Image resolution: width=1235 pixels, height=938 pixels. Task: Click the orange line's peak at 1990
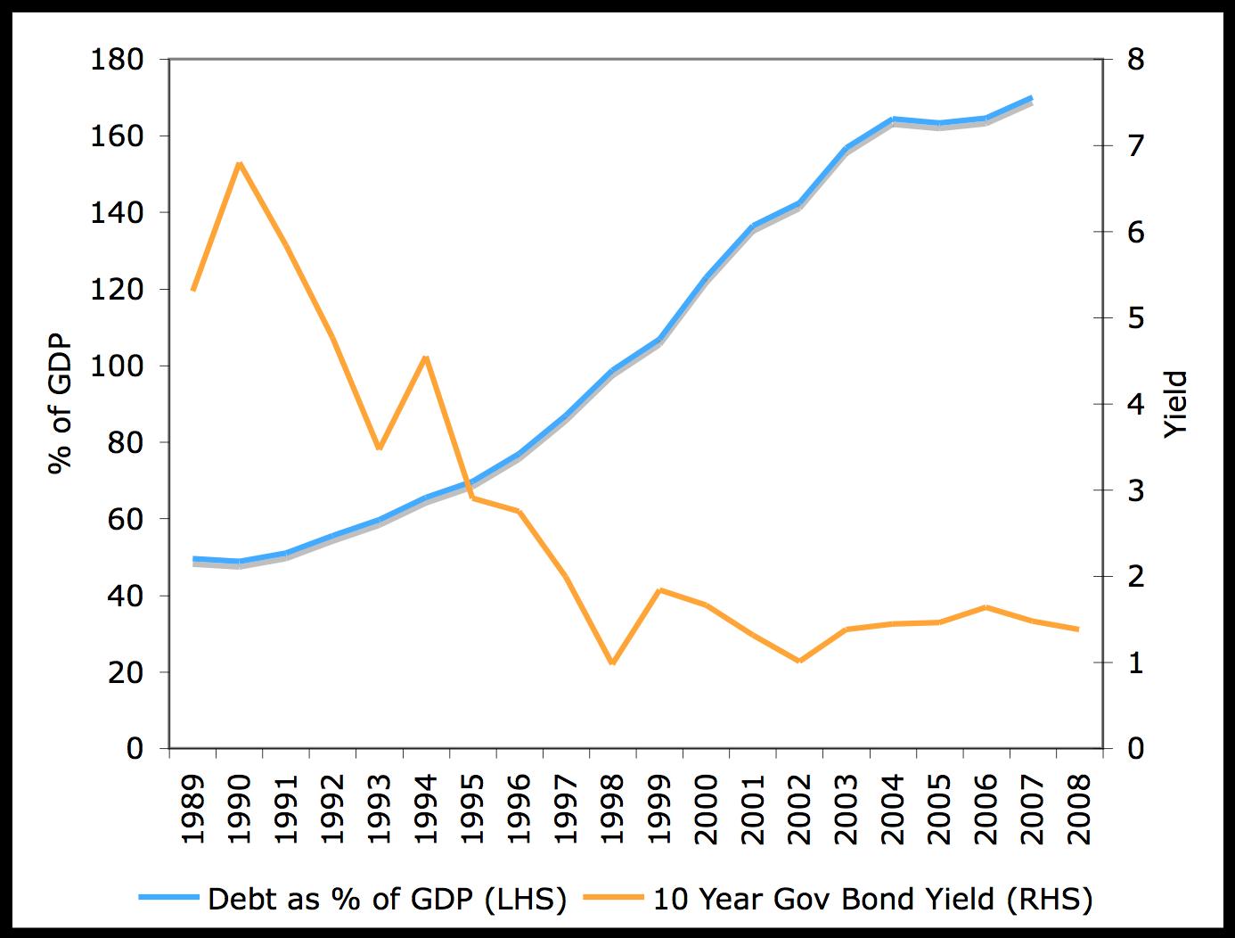pos(240,163)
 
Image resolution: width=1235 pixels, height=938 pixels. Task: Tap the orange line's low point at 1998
pos(612,663)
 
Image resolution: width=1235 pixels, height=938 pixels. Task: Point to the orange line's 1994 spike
pos(426,358)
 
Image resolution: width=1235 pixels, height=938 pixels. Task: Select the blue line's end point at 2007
pos(1031,98)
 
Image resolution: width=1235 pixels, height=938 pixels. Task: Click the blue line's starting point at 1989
pos(193,559)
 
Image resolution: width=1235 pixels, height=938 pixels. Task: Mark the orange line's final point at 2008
pos(1078,629)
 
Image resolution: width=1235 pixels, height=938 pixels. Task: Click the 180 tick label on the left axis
pos(117,60)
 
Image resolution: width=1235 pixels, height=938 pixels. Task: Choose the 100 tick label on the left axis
pos(117,366)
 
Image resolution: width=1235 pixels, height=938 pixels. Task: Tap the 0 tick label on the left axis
pos(135,749)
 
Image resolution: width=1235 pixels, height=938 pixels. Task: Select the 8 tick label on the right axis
pos(1136,60)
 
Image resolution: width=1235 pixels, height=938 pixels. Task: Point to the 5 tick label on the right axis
pos(1136,318)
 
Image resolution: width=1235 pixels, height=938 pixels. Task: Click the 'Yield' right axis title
pos(1177,403)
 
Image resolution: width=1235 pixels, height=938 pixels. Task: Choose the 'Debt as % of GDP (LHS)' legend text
pos(387,899)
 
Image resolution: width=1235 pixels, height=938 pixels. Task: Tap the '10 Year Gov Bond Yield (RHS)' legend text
pos(872,899)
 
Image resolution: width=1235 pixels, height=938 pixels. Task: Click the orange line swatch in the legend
pos(613,899)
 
